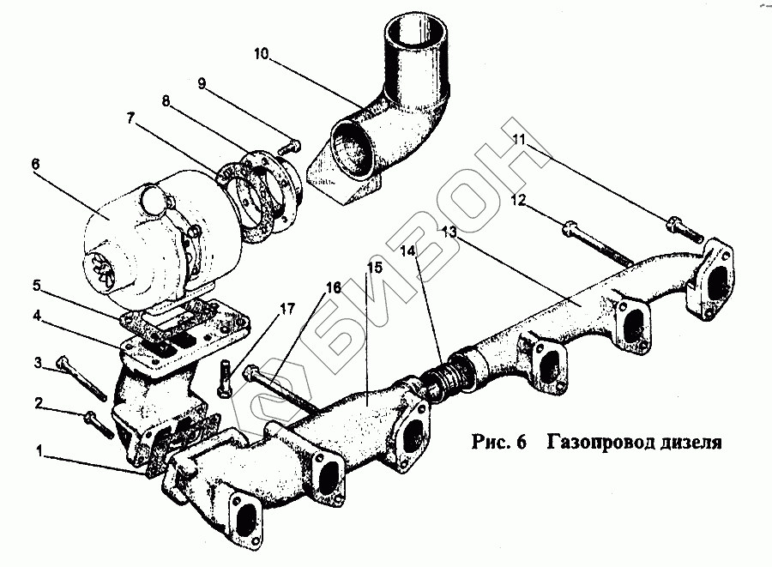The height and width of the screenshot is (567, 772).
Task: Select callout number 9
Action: (202, 84)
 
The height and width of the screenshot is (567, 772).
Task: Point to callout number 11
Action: (519, 138)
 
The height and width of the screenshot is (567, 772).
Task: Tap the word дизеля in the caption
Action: (688, 443)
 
